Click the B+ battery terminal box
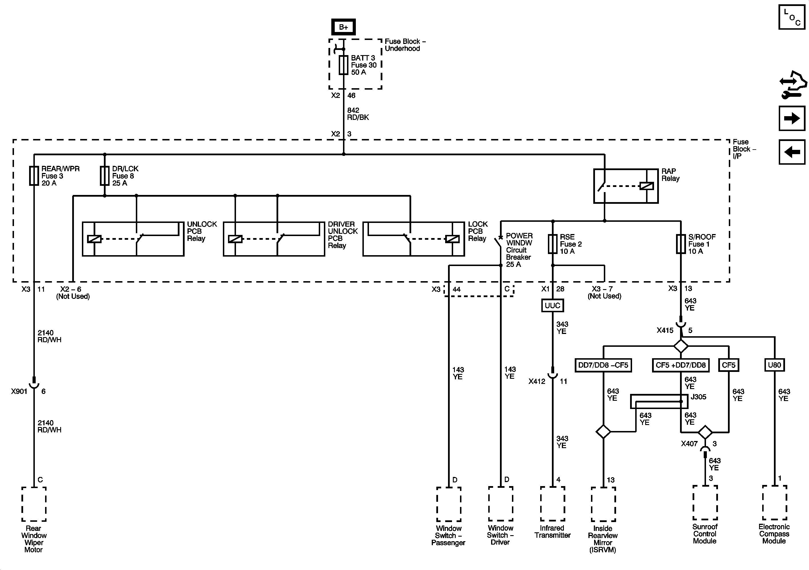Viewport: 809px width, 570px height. (344, 27)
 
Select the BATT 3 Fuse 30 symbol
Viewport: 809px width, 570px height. (344, 65)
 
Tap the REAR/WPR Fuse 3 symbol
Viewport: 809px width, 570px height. (34, 176)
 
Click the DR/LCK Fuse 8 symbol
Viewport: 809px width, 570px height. (105, 176)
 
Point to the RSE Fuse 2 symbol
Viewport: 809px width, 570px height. (552, 244)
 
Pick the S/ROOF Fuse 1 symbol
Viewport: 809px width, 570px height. (681, 244)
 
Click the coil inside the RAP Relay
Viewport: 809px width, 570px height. (647, 186)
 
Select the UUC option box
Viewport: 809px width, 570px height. (552, 305)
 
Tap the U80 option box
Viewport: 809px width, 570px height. (774, 365)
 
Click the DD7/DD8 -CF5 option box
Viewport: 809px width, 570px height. (603, 365)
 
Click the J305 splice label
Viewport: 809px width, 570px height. (698, 397)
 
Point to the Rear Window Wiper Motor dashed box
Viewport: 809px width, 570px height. (34, 504)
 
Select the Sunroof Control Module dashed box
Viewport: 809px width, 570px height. (705, 502)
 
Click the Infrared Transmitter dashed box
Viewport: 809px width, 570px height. (552, 504)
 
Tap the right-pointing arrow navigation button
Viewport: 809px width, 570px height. (792, 118)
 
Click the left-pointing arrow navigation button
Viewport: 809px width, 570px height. (792, 152)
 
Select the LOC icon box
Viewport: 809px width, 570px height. (792, 17)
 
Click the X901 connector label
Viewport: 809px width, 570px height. (19, 391)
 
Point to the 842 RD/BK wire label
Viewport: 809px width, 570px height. (358, 114)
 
